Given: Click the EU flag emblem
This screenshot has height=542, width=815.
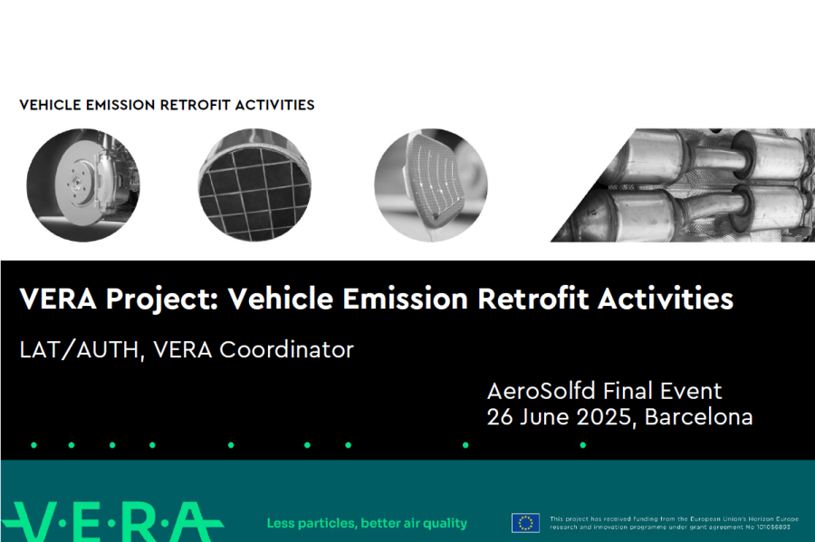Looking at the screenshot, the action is click(525, 523).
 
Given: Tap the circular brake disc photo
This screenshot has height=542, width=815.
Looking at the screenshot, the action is click(83, 185).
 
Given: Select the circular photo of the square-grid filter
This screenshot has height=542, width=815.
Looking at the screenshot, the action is click(254, 185).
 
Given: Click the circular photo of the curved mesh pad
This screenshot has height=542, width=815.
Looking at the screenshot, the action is click(431, 185).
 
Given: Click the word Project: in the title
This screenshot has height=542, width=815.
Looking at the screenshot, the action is click(162, 300).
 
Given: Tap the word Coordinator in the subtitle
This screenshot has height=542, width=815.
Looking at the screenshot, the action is click(286, 349).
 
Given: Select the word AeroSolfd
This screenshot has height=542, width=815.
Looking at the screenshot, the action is click(542, 391).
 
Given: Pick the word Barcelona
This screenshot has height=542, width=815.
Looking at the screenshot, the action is click(698, 417).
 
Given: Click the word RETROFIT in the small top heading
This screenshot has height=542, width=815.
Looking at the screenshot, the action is click(195, 105).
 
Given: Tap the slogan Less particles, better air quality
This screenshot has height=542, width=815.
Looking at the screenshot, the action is click(367, 523).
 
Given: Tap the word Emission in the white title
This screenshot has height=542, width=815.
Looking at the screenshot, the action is click(406, 299).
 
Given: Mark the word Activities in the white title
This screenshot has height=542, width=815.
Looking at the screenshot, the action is click(666, 299).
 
